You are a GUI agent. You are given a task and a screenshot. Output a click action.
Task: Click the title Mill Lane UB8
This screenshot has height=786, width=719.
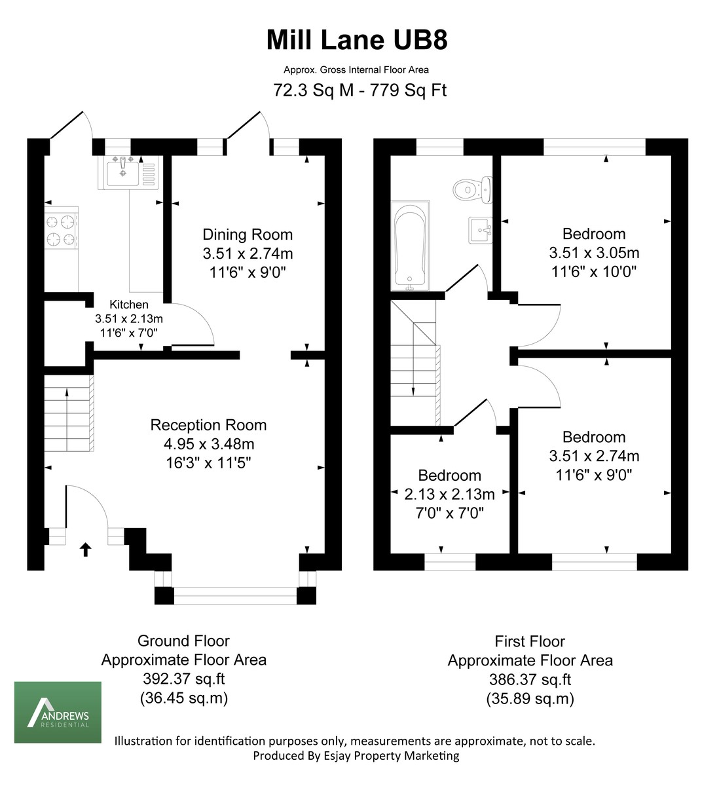(357, 40)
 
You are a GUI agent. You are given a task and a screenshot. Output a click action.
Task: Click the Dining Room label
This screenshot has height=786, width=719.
(248, 234)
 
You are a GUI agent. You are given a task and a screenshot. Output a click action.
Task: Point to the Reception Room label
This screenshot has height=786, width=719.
(208, 425)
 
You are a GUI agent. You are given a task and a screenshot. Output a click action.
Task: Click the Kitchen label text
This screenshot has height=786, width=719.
(128, 305)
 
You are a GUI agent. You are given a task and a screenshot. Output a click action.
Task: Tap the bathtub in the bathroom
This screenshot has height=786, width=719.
(411, 246)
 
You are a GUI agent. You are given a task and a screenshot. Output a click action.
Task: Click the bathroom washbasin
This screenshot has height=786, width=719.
(481, 230)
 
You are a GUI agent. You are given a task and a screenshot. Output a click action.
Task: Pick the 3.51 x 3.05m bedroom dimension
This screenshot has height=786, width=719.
(594, 253)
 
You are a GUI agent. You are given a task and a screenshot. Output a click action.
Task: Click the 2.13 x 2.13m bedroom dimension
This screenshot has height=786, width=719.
(449, 495)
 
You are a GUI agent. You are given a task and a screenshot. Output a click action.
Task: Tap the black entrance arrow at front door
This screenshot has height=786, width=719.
(84, 549)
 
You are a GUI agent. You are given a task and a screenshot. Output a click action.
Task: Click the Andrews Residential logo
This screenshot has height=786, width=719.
(58, 712)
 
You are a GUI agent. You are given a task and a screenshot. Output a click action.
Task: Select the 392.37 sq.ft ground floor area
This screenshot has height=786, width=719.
(184, 679)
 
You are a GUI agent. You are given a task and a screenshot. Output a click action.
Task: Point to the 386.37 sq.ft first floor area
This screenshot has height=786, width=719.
(530, 680)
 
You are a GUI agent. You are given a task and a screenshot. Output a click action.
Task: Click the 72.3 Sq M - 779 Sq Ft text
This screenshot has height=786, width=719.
(359, 90)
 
